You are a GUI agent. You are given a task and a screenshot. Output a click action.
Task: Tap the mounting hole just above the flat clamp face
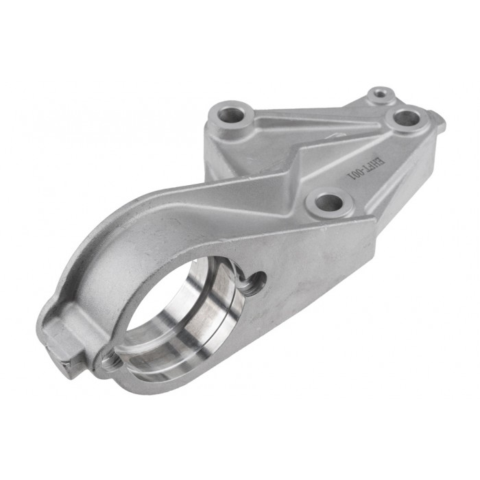point(330,202)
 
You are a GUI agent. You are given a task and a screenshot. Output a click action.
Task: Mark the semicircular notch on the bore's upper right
point(254,280)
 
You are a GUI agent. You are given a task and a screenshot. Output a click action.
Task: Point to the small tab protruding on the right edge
point(439,123)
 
